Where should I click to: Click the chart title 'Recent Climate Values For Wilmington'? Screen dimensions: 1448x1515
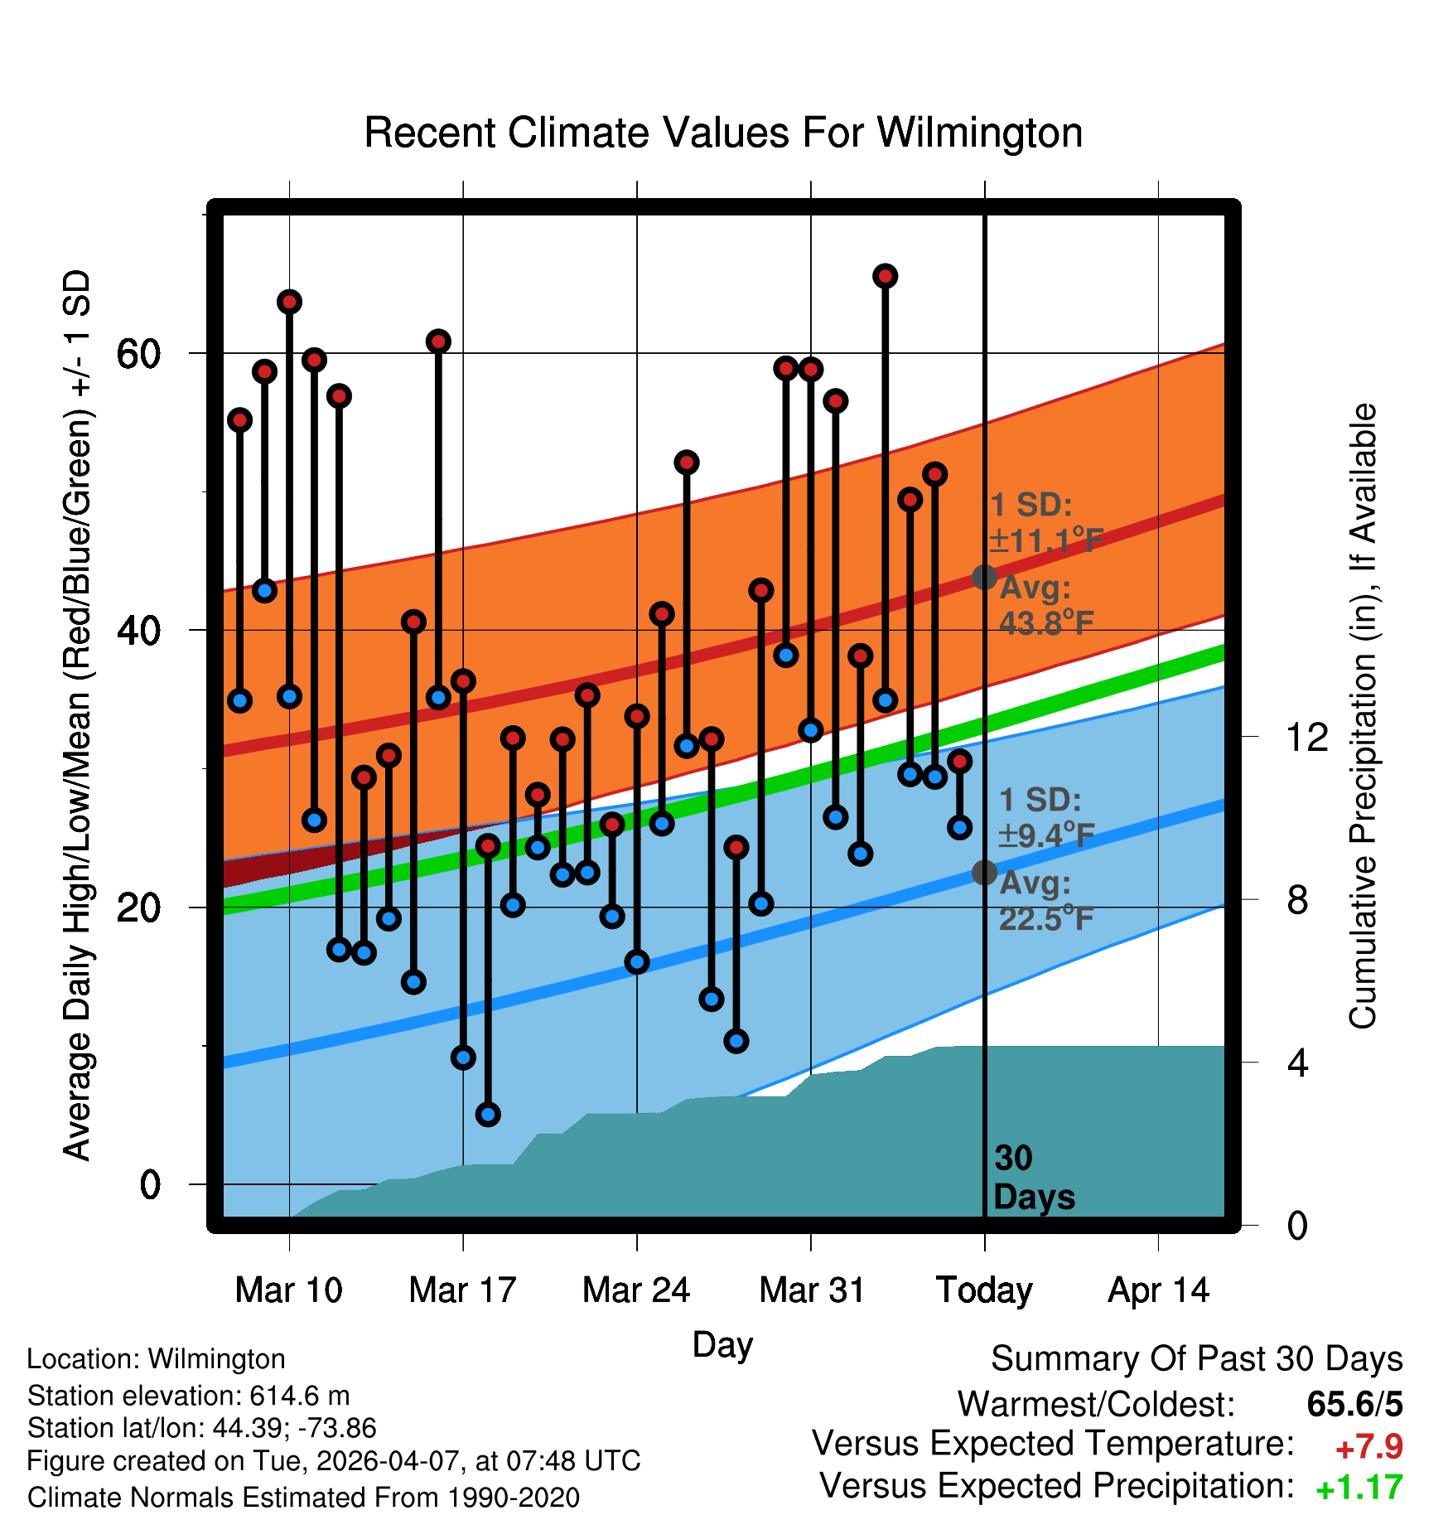pos(723,133)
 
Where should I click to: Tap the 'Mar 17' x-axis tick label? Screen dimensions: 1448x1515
pos(462,1290)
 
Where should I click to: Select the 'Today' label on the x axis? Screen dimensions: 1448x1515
pos(984,1290)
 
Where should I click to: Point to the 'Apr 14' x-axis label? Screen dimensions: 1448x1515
pos(1158,1290)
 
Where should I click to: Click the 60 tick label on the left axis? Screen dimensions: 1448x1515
pos(138,354)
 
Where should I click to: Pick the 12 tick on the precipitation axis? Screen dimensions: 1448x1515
pos(1307,737)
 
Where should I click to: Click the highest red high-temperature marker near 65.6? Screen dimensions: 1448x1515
pos(885,276)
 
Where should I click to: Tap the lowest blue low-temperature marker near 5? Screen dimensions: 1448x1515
pos(488,1115)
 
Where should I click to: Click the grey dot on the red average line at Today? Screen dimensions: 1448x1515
pos(984,577)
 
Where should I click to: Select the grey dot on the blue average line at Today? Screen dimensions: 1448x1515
pos(984,872)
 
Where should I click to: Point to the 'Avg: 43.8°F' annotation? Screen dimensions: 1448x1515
pos(1047,605)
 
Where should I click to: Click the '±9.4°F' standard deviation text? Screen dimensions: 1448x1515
pos(1047,835)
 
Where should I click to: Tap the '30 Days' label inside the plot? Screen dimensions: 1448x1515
pos(1034,1178)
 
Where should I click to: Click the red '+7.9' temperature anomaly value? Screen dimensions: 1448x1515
pos(1369,1447)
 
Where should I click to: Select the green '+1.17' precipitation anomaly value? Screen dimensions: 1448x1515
pos(1359,1488)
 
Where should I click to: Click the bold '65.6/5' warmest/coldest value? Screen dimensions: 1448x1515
pos(1355,1404)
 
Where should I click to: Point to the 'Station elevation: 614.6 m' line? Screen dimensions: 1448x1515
pos(189,1396)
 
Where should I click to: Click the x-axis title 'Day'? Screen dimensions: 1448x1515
pos(722,1345)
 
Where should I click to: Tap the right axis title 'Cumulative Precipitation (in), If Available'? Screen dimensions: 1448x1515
pos(1363,716)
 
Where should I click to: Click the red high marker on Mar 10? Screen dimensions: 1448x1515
pos(289,302)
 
